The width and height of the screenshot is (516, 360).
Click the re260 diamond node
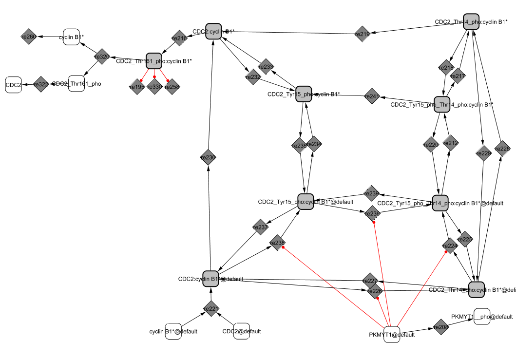tap(29, 37)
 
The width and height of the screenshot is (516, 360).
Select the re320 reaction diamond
tap(102, 57)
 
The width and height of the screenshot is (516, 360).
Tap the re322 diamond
tap(41, 84)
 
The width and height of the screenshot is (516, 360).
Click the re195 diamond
tap(137, 87)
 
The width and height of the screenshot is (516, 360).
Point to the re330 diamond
tap(154, 87)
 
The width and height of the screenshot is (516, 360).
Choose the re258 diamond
tap(172, 87)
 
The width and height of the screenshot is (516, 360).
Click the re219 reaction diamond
tap(363, 34)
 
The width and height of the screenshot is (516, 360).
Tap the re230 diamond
tap(208, 157)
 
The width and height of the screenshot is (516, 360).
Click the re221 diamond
tap(211, 308)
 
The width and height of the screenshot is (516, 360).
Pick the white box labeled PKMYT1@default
tap(392, 335)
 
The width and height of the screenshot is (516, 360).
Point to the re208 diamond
tap(441, 327)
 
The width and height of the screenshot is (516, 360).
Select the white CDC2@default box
tap(242, 331)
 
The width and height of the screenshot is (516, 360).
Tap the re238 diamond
tap(277, 243)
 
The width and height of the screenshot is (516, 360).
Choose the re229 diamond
tap(484, 153)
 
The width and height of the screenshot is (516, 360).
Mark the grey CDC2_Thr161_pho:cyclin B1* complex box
tap(153, 61)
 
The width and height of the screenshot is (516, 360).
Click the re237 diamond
tap(261, 227)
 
